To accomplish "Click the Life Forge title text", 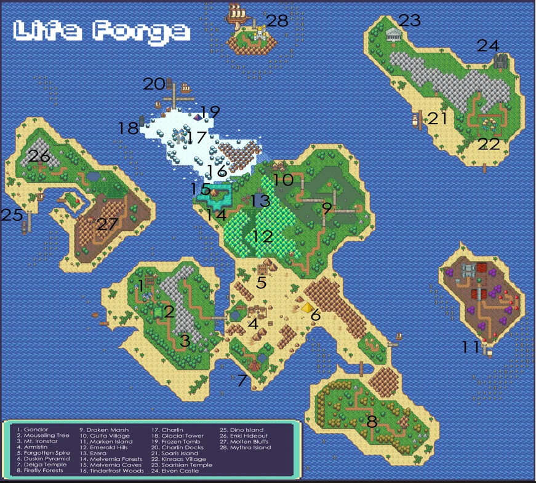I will [102, 31].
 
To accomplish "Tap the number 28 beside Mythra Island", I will [277, 21].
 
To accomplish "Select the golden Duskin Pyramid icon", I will [306, 307].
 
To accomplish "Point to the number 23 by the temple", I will [409, 20].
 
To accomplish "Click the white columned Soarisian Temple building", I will [393, 34].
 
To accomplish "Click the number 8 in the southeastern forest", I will [372, 422].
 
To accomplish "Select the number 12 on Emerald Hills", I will [263, 235].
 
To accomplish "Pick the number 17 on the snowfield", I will [197, 138].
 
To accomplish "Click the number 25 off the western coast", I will [12, 215].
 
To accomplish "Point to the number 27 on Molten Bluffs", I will [107, 224].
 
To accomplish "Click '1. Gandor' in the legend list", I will [33, 430].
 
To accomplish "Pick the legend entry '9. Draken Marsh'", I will [104, 430].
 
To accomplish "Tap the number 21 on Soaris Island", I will [438, 118].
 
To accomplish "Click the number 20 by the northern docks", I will [154, 84].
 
